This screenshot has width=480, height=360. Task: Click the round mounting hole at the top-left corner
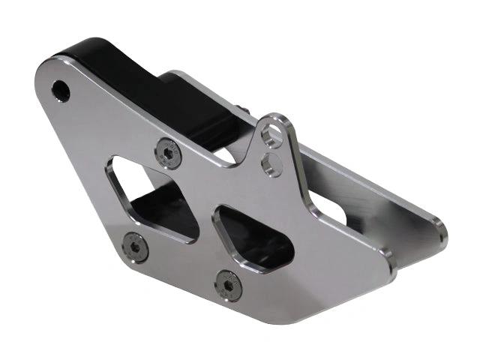(x=61, y=91)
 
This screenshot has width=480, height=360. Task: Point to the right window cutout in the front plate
(x=253, y=238)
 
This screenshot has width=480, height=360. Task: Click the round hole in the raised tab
(x=274, y=135)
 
